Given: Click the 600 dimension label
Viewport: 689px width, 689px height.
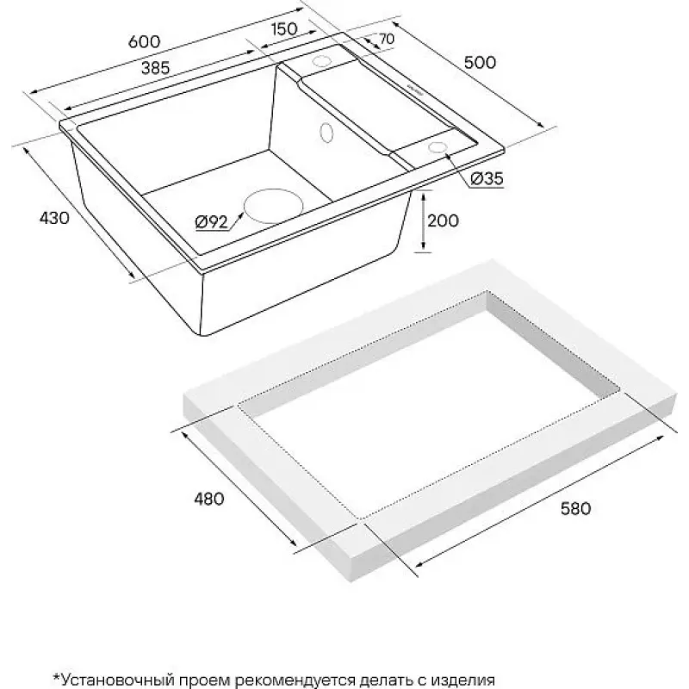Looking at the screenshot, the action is pos(145,41).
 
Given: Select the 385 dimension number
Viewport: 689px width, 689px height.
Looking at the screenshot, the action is pos(156,68).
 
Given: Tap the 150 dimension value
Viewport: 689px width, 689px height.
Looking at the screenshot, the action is pos(284,29).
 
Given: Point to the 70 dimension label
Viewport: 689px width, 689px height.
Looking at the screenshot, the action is pos(387,39).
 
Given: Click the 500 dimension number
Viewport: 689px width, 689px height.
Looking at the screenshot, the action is pos(480,62).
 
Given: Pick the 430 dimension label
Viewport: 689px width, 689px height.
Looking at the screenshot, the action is pos(54,218).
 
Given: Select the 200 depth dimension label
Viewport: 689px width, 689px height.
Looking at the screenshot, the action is pos(443,220).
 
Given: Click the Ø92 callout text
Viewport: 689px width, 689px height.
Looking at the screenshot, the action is pos(211,222).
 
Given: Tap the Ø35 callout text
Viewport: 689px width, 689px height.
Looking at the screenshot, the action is pos(487,178).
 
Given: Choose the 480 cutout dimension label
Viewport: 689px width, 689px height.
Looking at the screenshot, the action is pos(208,499).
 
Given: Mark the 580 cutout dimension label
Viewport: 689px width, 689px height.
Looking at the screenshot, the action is pos(575,508).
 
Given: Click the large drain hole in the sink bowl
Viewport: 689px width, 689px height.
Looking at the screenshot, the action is pos(274,207).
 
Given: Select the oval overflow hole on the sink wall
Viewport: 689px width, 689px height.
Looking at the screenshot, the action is pos(327,132).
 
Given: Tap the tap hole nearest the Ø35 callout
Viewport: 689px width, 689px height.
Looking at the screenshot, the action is pos(438,147).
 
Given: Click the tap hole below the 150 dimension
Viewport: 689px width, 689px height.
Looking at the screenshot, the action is pos(321,60).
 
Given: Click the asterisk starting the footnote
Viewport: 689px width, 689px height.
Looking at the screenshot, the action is pos(56,677).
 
